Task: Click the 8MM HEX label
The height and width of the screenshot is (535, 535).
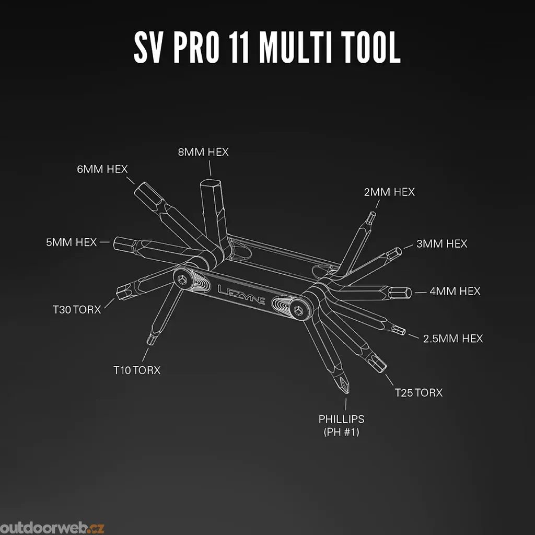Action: (203, 152)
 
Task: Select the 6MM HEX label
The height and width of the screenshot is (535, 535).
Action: (102, 169)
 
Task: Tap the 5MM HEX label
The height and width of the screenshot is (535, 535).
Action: (71, 242)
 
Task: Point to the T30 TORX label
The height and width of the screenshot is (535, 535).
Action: (77, 309)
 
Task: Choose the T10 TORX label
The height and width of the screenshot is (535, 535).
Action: (137, 370)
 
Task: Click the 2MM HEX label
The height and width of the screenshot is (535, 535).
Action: (389, 192)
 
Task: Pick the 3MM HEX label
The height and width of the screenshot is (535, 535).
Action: (442, 243)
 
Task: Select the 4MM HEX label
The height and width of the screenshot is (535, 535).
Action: (455, 291)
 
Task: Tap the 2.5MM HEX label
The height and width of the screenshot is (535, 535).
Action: (453, 339)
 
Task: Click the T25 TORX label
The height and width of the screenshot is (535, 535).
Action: (418, 393)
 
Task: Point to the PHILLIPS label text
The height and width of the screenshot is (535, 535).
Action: (342, 419)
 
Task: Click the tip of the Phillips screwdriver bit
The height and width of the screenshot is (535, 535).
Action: (346, 393)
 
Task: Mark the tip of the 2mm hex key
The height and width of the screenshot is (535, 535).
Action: (372, 213)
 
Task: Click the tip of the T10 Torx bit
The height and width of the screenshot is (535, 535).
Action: (149, 343)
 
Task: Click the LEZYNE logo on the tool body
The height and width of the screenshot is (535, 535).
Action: (241, 295)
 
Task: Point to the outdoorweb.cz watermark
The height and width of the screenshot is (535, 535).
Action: (52, 528)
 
